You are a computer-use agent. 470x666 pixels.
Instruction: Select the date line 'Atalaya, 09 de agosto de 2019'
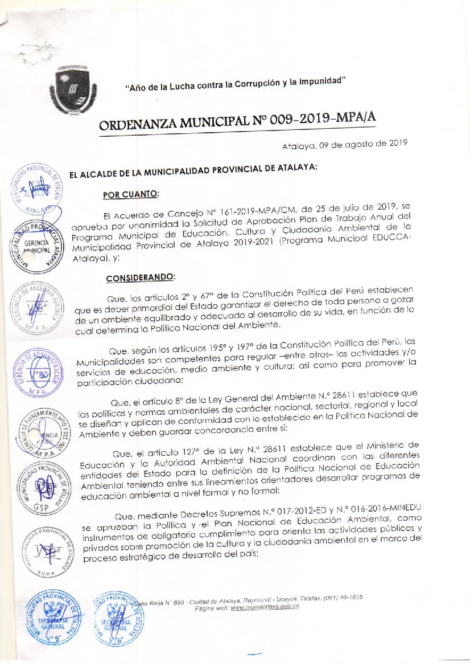tap(344, 145)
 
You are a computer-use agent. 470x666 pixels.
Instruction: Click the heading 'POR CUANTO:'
tap(130, 194)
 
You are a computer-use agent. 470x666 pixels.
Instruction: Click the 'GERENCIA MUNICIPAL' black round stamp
tap(38, 246)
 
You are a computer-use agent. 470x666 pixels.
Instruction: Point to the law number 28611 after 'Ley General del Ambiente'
tap(335, 393)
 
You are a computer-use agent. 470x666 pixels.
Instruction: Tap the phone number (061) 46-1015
tap(343, 598)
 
